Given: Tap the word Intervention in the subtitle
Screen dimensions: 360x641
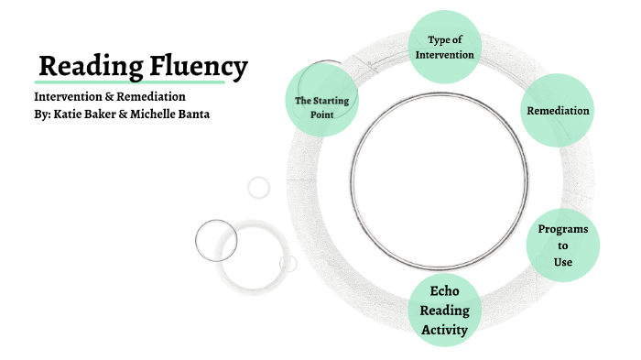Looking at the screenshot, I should [70, 96].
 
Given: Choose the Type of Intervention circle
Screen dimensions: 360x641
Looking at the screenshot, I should [444, 47].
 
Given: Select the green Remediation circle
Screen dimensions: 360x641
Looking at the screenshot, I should [557, 111].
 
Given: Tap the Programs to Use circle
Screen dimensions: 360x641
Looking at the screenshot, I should [562, 245].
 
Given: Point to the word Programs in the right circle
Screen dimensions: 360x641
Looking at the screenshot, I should [562, 229].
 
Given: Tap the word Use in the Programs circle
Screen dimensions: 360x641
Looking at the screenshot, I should [562, 263].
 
